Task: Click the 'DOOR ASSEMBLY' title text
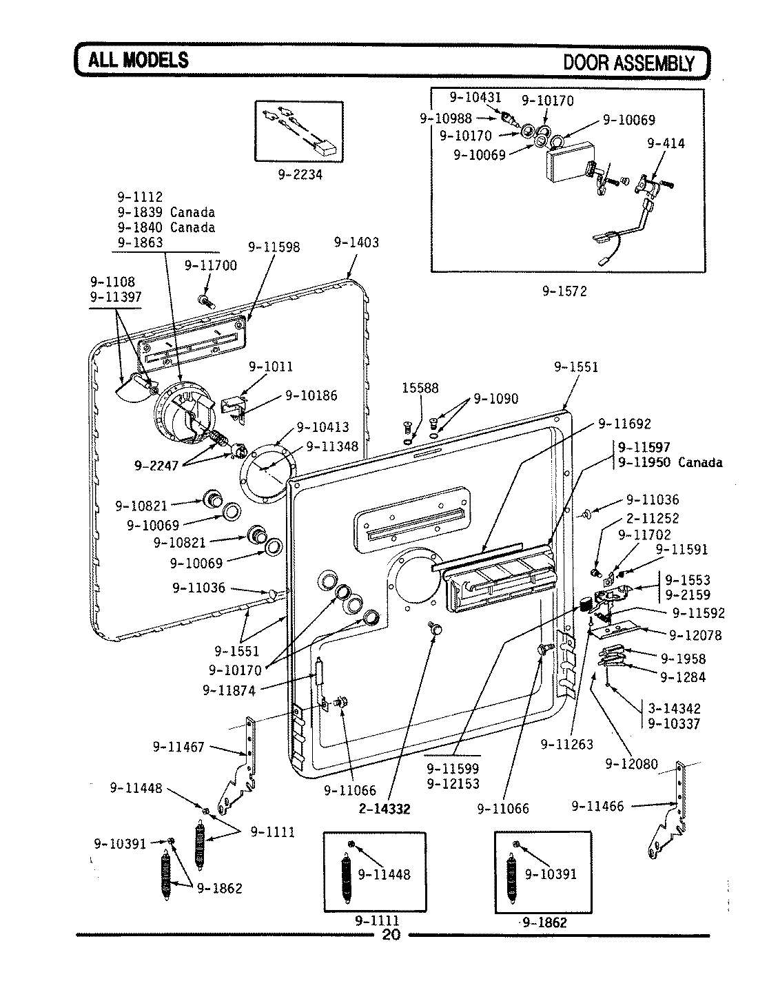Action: point(629,63)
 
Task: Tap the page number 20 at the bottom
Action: point(390,935)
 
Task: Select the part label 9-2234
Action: point(300,175)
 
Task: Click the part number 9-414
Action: point(666,143)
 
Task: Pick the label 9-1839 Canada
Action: point(166,212)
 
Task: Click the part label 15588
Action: point(420,388)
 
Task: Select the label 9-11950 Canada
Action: point(670,462)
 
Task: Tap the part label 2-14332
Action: point(384,809)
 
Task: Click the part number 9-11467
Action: point(178,746)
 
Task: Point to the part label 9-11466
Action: point(597,805)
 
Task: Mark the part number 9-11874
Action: point(229,690)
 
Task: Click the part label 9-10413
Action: point(322,427)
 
